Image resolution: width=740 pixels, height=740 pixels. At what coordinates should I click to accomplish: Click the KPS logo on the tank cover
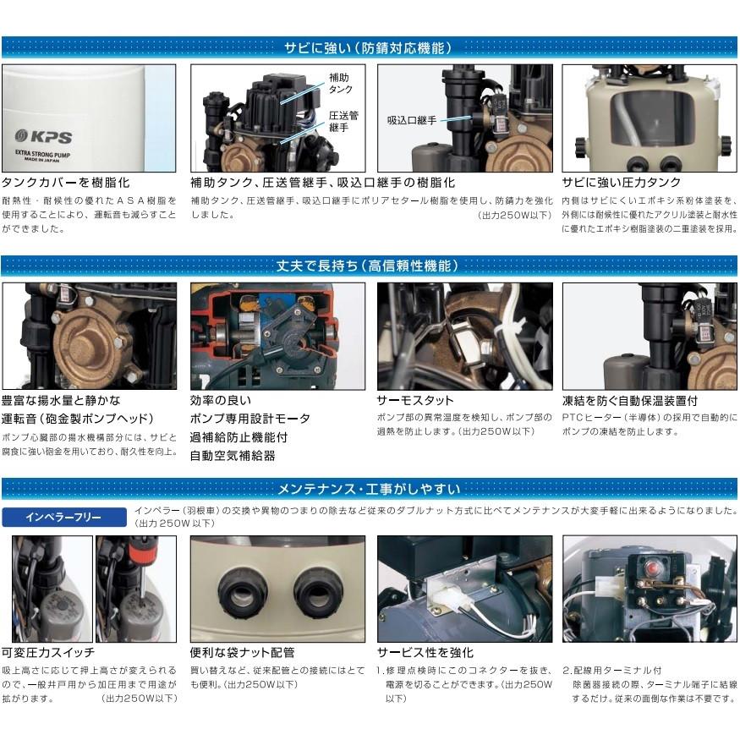click(x=45, y=136)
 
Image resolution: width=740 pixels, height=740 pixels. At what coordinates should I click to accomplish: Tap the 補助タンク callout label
click(x=340, y=83)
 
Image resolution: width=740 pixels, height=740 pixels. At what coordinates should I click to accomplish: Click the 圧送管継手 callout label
click(x=343, y=122)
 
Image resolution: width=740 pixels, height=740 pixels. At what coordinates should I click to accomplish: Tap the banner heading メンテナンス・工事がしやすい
click(x=370, y=488)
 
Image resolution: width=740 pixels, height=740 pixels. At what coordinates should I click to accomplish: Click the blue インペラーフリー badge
click(x=63, y=517)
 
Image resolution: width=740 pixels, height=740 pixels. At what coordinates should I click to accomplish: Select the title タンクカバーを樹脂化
click(x=66, y=183)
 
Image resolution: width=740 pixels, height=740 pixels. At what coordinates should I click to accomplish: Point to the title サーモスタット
click(x=415, y=400)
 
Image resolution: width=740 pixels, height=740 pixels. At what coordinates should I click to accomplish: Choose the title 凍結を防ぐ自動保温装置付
click(x=630, y=400)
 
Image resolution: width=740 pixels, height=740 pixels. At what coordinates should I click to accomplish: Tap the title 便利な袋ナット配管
click(x=242, y=652)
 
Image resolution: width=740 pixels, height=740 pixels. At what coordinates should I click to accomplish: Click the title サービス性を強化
click(x=425, y=652)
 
